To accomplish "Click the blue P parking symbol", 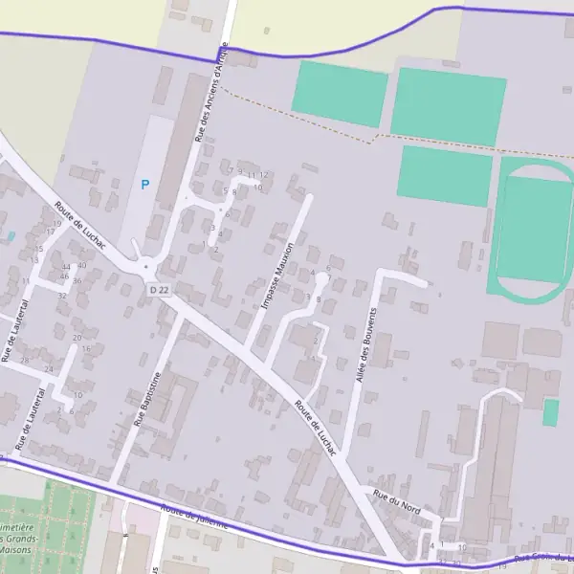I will pos(145,185).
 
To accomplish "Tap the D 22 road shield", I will pos(159,289).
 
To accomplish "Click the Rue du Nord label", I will pos(396,500).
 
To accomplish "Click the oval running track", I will pos(532,231).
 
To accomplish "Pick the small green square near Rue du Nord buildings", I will pos(551,412).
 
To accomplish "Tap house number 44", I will pos(66,267).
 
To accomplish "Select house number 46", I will pos(63,276).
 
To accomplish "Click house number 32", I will pos(62,296).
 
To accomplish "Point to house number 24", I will pos(48,369).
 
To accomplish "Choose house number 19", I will pos(57,224).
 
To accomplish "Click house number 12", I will pos(264,175).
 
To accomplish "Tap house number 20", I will pos(77,338).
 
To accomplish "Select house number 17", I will pos(51,232).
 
